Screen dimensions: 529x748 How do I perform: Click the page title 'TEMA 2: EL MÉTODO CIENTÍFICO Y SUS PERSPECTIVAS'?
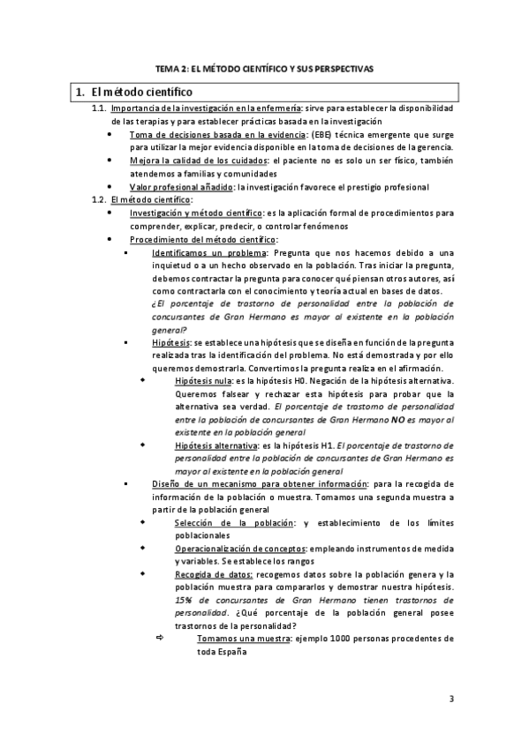pos(264,68)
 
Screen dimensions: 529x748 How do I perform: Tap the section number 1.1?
pos(99,108)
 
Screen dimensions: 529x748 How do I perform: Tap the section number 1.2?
pos(99,199)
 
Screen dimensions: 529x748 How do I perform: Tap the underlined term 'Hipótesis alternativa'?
pos(216,446)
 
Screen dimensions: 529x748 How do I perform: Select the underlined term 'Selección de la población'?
pos(232,524)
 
